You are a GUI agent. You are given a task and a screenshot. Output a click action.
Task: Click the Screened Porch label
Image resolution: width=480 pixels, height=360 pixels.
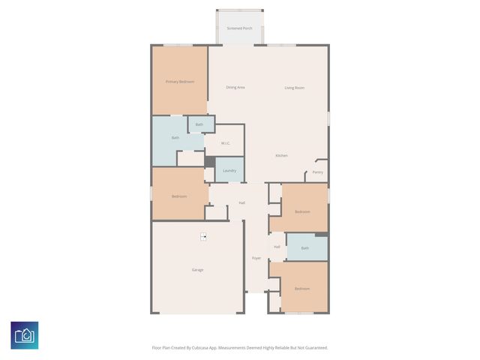(239, 28)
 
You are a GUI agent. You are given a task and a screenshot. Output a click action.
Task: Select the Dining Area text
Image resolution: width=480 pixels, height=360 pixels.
(235, 88)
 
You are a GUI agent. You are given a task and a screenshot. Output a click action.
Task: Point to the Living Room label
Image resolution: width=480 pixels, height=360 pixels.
(294, 88)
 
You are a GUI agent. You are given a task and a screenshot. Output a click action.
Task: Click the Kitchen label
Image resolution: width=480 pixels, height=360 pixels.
(281, 155)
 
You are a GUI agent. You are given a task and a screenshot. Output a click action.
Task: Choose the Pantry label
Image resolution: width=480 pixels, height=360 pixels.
(318, 172)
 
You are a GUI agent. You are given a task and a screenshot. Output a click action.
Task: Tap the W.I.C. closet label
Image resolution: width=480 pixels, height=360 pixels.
(226, 143)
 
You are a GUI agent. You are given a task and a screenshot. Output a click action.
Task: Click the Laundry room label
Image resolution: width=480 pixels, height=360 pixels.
(229, 170)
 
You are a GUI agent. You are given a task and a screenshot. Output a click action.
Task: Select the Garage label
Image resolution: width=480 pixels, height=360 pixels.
(197, 269)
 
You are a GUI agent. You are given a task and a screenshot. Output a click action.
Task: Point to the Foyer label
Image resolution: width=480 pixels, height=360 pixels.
(256, 258)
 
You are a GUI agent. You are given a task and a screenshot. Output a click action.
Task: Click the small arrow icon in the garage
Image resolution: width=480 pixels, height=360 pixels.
(203, 236)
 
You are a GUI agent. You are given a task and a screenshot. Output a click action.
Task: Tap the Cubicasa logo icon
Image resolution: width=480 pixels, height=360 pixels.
(25, 335)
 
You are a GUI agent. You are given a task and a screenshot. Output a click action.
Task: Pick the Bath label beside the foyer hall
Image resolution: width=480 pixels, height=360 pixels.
(304, 247)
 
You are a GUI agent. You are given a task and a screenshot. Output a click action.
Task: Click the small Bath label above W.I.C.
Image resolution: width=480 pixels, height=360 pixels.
(199, 124)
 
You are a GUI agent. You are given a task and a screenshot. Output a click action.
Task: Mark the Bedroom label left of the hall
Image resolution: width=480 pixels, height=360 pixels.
(179, 196)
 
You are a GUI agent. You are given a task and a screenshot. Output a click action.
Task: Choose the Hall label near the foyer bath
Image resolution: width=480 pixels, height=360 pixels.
(277, 246)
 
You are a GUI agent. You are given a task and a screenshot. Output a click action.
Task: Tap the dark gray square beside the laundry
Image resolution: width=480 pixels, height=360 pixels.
(210, 162)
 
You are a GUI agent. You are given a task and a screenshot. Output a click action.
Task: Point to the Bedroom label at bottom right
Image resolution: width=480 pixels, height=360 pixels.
(301, 289)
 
